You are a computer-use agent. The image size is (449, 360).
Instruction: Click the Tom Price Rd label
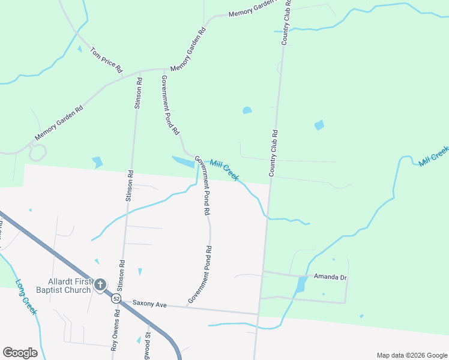[106, 60]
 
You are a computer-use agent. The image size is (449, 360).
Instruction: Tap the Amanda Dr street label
[331, 277]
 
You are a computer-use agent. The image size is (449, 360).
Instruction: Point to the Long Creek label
[26, 297]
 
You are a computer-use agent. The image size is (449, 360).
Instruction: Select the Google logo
[20, 353]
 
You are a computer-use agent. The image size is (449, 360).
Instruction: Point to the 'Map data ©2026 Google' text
[411, 355]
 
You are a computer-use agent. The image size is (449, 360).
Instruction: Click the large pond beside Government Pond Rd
[184, 161]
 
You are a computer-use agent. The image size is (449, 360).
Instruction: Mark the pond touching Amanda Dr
[301, 285]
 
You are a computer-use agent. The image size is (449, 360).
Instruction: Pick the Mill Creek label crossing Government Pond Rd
[224, 170]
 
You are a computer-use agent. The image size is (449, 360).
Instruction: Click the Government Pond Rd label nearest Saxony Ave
[200, 274]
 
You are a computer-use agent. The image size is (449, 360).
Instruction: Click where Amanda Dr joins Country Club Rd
[262, 272]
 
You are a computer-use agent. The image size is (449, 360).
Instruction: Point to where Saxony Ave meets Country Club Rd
[259, 314]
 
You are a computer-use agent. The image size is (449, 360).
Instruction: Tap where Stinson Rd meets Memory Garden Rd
[139, 71]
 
